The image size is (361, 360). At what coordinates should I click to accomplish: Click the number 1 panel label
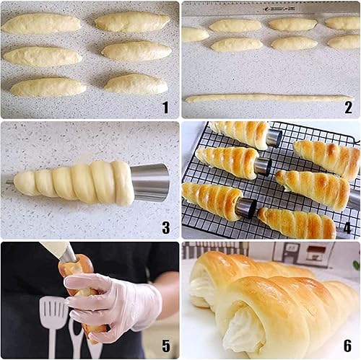(165, 107)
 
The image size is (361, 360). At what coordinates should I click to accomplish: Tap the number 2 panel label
(348, 107)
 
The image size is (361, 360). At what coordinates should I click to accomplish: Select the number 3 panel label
(165, 228)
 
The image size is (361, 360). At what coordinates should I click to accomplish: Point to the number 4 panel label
(348, 228)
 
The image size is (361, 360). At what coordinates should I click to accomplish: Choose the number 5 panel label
(165, 347)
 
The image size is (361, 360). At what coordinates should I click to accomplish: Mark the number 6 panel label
(348, 347)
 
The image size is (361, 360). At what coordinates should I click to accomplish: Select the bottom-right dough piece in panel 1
(136, 84)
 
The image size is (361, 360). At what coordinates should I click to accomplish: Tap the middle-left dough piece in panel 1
(43, 56)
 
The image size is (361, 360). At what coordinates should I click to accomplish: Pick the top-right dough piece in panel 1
(132, 22)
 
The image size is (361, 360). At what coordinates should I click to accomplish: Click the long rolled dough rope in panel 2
(268, 97)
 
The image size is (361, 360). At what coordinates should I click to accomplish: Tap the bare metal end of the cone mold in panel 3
(150, 183)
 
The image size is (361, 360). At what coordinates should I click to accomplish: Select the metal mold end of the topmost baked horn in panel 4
(274, 137)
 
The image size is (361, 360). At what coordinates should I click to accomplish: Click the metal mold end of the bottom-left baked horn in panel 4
(246, 208)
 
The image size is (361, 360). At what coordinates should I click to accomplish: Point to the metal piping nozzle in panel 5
(68, 254)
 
